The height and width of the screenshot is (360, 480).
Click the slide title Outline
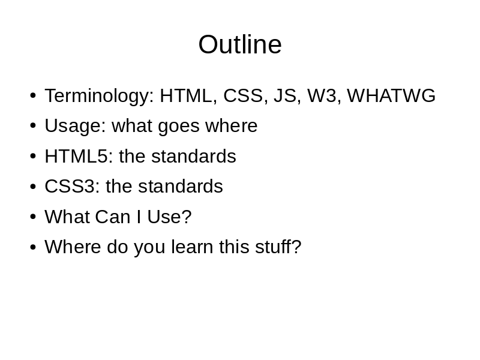pos(240,44)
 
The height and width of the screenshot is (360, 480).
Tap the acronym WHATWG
pos(391,95)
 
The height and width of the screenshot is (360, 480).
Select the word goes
pos(179,127)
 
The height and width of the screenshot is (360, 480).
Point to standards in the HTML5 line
pos(194,156)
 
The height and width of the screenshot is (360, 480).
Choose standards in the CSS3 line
pos(181,186)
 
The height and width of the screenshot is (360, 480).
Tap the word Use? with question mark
pos(169,217)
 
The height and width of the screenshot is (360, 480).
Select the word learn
pos(192,247)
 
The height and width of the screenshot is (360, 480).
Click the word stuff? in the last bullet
pos(278,247)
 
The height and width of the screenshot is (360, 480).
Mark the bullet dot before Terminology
pos(33,95)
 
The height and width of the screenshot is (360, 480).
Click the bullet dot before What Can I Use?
pos(33,217)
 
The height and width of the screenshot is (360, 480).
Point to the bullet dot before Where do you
pos(33,247)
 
